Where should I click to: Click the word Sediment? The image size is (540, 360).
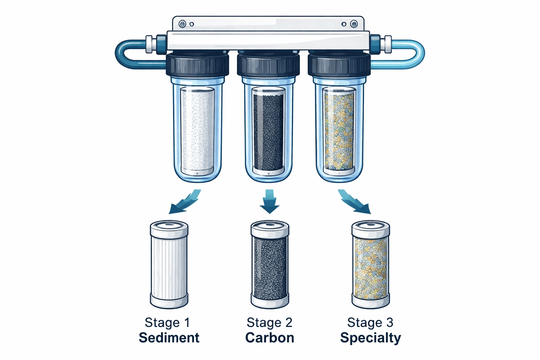click(169, 337)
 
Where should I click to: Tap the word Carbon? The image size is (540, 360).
click(270, 337)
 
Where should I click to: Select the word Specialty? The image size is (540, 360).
click(371, 338)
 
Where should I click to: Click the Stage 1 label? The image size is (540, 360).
click(167, 322)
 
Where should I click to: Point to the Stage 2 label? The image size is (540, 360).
click(270, 322)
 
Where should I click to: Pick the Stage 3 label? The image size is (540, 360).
click(370, 322)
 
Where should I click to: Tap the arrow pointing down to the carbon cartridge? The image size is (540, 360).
click(270, 202)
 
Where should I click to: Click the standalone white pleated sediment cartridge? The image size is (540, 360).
click(169, 265)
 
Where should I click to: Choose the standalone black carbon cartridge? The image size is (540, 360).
click(270, 265)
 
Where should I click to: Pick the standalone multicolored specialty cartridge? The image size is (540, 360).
click(371, 265)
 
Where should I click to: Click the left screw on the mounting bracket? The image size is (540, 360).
click(182, 24)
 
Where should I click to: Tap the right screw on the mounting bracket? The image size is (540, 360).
click(354, 24)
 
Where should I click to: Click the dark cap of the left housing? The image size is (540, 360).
click(197, 65)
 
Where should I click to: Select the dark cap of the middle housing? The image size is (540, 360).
click(268, 65)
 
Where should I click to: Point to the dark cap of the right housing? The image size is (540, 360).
click(339, 65)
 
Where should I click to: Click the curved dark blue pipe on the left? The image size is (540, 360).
click(123, 54)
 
